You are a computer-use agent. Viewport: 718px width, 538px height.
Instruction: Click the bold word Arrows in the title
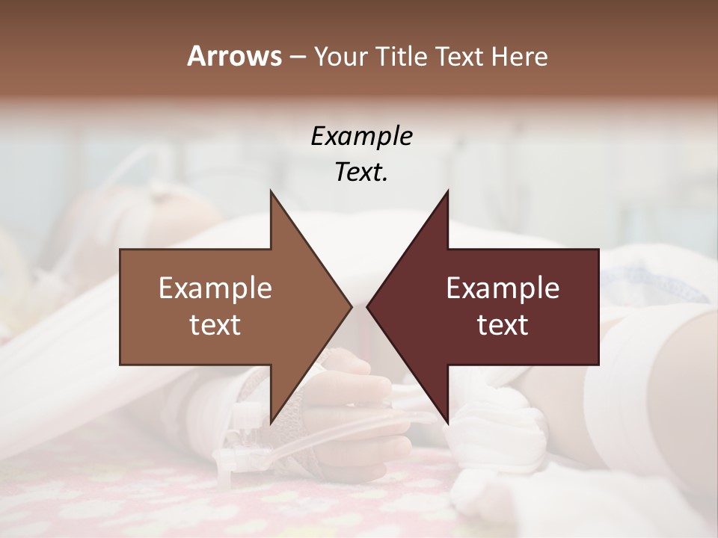233,56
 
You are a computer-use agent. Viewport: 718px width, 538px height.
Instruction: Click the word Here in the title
519,56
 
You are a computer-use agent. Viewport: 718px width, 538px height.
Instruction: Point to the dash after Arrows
297,57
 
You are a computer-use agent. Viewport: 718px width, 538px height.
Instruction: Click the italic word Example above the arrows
361,137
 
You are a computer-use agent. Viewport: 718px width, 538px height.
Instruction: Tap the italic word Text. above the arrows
361,173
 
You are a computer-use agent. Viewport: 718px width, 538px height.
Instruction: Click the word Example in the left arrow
215,288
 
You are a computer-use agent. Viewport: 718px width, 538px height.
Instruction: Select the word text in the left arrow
215,324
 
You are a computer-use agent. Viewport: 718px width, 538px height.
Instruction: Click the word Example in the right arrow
503,288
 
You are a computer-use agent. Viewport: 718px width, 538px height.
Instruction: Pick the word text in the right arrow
503,324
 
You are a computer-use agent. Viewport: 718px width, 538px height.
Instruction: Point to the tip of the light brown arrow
352,306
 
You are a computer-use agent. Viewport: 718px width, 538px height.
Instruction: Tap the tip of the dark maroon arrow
367,306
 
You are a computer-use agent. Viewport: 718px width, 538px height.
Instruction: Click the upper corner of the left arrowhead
271,191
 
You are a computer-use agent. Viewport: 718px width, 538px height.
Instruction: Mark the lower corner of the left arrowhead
271,423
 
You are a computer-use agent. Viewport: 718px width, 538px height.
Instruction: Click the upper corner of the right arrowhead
448,191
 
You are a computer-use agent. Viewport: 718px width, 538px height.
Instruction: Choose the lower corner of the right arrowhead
448,423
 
